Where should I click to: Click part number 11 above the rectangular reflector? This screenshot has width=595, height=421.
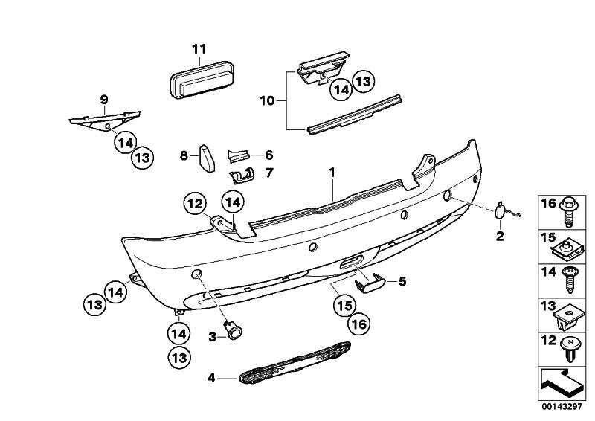198,49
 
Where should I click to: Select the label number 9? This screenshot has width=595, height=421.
104,100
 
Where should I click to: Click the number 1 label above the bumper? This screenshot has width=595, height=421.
333,173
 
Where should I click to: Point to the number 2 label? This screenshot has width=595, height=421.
500,237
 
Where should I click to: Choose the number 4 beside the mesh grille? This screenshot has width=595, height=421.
211,378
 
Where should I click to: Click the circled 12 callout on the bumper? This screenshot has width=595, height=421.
195,202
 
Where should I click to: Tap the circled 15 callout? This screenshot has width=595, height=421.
343,304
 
